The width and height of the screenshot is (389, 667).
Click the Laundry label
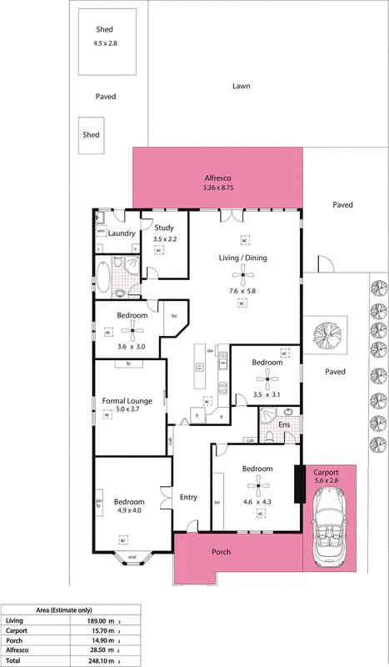[x=122, y=233]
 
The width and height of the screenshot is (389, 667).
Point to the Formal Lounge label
[x=127, y=401]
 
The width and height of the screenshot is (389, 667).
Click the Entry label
[x=188, y=498]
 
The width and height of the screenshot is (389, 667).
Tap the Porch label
[x=221, y=552]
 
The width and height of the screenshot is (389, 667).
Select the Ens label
[x=284, y=424]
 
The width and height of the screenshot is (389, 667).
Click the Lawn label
[x=242, y=86]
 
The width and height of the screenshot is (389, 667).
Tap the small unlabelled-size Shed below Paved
[x=90, y=135]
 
